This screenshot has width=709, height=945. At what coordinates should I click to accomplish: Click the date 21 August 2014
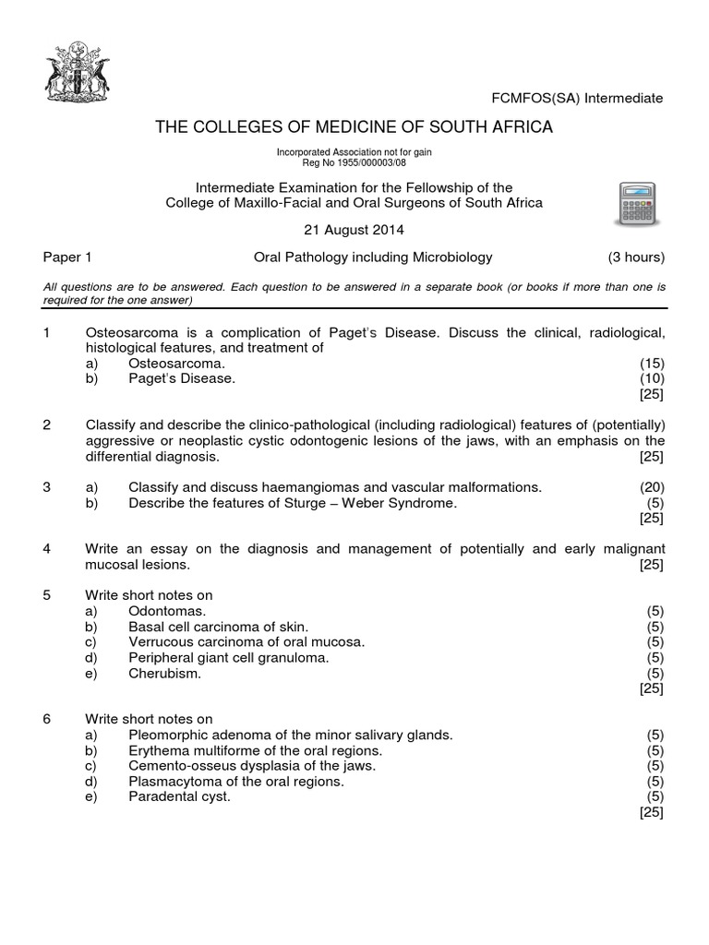(x=354, y=230)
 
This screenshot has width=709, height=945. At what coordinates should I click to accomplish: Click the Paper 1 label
(x=67, y=257)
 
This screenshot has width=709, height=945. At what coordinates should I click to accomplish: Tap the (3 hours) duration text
(x=635, y=257)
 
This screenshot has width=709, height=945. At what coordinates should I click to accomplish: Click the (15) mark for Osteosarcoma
(x=652, y=364)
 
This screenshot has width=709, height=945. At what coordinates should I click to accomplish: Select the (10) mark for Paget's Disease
(x=652, y=378)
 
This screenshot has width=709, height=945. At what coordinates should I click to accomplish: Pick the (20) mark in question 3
(x=652, y=486)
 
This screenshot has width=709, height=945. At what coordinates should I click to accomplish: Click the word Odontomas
(x=168, y=611)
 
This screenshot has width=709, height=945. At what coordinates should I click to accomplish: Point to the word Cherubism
(x=164, y=674)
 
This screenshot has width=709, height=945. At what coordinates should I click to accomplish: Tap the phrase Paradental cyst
(x=179, y=796)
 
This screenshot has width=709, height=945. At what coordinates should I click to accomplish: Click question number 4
(x=47, y=549)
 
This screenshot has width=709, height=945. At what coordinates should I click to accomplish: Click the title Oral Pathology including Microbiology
(x=373, y=257)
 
